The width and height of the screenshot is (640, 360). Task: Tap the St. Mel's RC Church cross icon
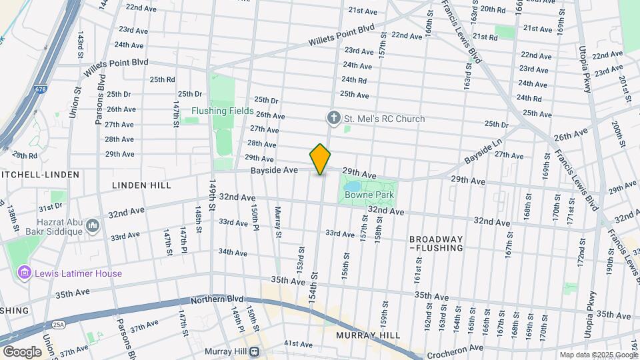(x=334, y=119)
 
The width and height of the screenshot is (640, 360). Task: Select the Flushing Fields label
(x=222, y=111)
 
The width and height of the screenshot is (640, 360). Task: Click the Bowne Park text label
(x=369, y=195)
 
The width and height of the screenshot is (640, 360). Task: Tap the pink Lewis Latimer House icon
(x=25, y=273)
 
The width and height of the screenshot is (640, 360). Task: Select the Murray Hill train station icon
(x=254, y=352)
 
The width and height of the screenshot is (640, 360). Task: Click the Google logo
(x=21, y=351)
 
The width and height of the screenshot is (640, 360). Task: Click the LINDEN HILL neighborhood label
(x=141, y=185)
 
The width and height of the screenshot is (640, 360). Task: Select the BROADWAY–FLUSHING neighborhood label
(x=436, y=243)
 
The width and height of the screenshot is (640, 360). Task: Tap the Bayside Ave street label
(x=273, y=171)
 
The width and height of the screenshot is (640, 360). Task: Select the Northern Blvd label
(x=217, y=300)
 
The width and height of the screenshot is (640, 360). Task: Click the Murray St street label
(x=278, y=222)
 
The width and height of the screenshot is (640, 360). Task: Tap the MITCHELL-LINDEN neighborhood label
(x=40, y=174)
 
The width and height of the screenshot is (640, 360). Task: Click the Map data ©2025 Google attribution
(x=597, y=355)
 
